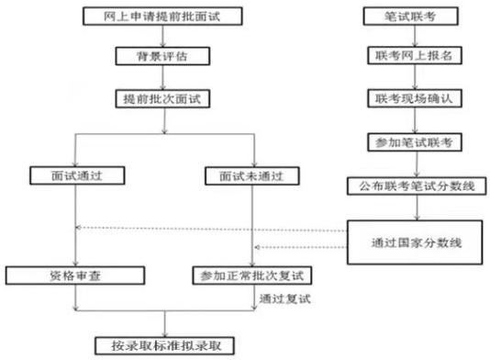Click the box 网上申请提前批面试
click(162, 16)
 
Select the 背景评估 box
click(162, 55)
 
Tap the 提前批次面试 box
click(162, 96)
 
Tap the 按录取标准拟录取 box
click(162, 344)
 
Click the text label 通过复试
click(284, 298)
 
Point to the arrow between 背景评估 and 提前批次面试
click(162, 75)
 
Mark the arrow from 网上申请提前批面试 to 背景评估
click(162, 36)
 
